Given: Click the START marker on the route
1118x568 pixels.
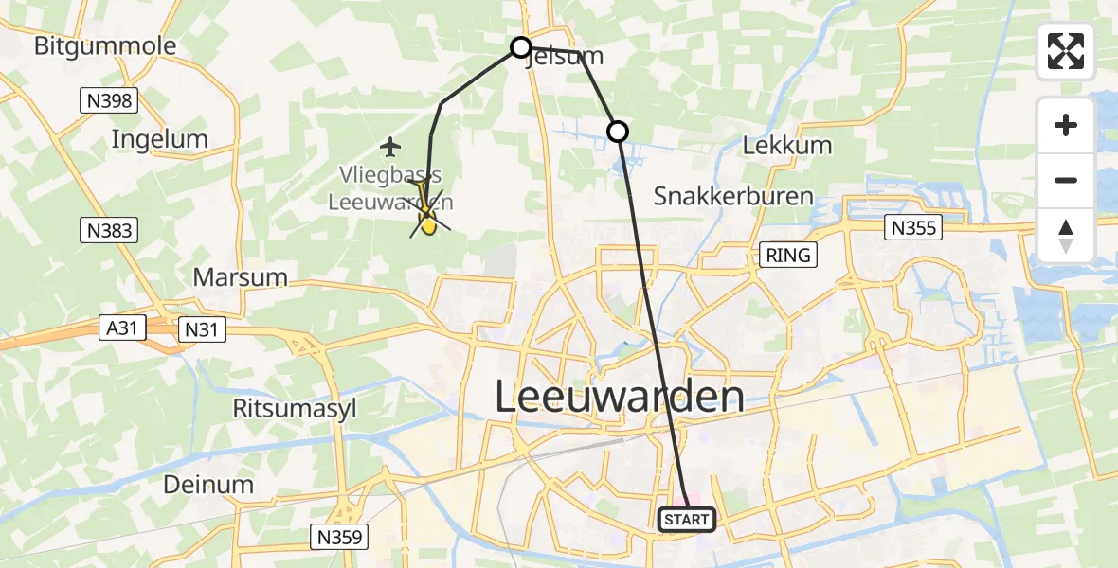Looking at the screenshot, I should point(686,519).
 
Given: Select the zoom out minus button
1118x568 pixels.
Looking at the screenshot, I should point(1066,180).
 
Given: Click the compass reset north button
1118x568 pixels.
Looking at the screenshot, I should point(1066,236).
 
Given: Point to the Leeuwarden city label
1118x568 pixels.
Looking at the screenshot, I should point(620,397).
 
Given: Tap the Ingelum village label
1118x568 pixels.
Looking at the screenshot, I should point(159,139).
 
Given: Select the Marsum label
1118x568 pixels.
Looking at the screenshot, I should point(240,277).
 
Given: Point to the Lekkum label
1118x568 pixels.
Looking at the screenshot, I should point(787,146).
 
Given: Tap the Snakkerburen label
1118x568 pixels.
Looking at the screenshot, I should point(733,197).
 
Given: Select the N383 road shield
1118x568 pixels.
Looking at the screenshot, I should point(110,230).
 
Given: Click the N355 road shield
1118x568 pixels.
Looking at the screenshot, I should point(913,227).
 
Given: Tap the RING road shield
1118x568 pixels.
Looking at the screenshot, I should point(788,255).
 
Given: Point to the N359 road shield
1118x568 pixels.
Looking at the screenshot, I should point(338,538).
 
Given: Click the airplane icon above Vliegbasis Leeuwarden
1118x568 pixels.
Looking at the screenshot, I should point(390,146).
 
